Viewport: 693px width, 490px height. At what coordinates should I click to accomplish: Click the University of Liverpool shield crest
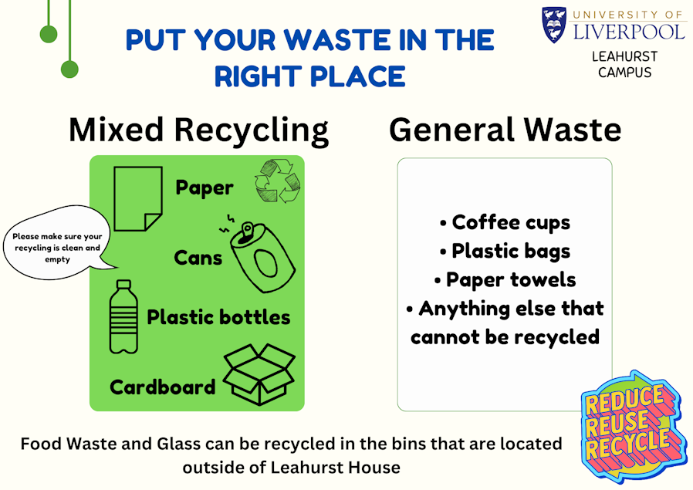554,25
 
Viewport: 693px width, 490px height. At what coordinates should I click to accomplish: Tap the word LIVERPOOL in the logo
629,32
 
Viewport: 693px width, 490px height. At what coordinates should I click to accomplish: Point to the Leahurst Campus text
624,65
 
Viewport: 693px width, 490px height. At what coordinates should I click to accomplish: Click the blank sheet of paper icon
138,198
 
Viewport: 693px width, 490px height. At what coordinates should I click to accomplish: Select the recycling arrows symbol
278,181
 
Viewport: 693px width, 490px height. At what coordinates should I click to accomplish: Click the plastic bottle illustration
123,317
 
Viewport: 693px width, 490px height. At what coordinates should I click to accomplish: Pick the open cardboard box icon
259,374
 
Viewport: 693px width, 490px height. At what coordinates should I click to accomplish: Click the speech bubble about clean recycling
57,242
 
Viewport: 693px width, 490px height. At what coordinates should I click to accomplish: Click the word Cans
198,258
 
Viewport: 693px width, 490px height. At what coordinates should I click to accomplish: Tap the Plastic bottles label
218,317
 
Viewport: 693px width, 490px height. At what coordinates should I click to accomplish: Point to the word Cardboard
163,387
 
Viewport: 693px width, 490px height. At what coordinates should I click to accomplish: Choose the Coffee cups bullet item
505,223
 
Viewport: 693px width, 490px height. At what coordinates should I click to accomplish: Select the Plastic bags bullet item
505,252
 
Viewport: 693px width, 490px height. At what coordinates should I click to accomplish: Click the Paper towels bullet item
505,280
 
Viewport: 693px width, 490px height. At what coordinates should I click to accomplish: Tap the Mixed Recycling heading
199,130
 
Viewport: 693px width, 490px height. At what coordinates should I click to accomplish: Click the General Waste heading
505,130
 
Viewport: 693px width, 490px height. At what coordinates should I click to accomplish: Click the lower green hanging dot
69,69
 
